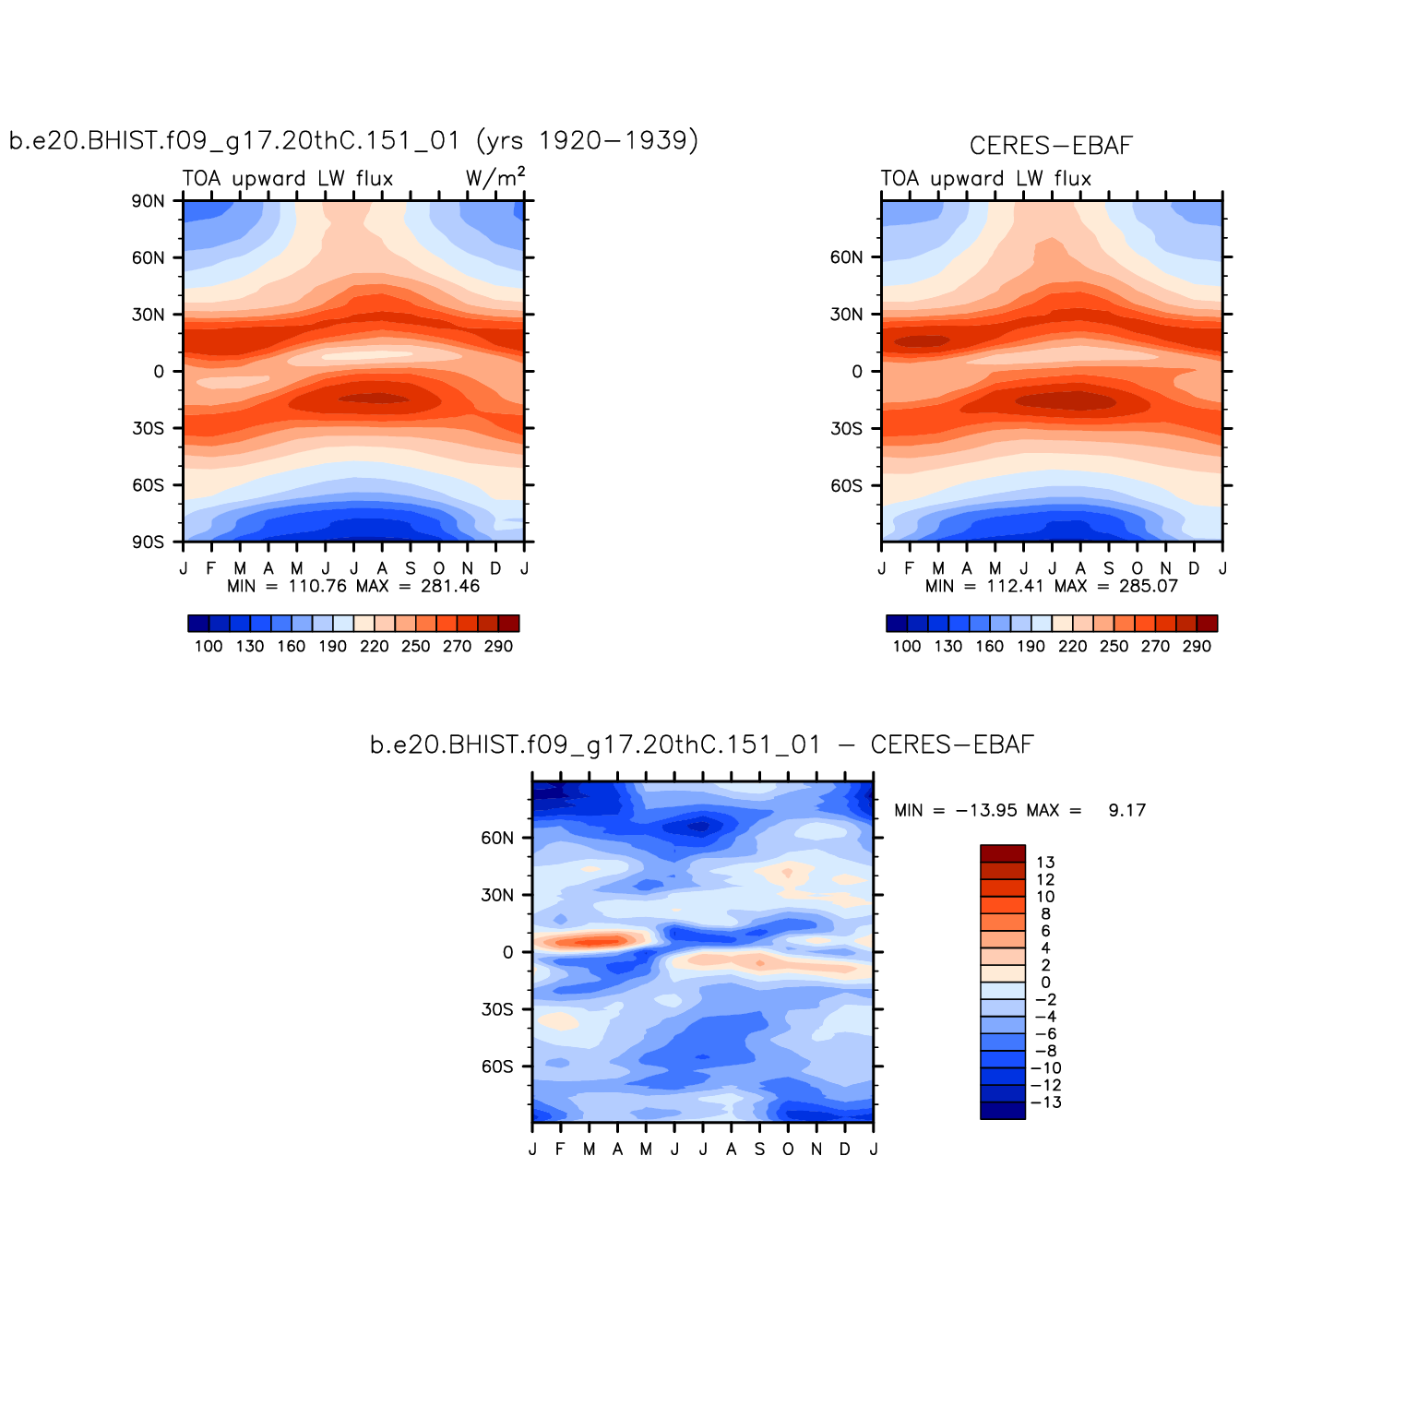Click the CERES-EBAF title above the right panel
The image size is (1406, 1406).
[1051, 146]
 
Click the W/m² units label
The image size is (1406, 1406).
[495, 177]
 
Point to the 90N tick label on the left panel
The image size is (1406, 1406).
[148, 201]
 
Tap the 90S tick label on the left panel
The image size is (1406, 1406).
[148, 542]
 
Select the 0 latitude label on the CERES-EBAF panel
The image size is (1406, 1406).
[857, 372]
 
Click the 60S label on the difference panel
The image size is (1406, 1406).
[497, 1067]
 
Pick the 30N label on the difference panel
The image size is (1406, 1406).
[497, 896]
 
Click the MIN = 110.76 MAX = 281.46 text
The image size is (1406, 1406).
[353, 587]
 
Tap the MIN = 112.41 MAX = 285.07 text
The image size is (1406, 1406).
[1052, 587]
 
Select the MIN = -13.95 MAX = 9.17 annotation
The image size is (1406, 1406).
[1019, 811]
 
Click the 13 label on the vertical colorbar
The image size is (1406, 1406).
[1045, 863]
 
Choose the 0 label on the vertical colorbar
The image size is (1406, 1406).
[1045, 983]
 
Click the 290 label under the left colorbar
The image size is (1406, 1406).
[498, 647]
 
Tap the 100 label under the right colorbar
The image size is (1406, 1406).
[907, 647]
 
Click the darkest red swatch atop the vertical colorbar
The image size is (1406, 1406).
[1003, 853]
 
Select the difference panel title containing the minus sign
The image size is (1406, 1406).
[701, 745]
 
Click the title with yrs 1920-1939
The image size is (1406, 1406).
[353, 140]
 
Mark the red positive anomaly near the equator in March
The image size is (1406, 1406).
[590, 942]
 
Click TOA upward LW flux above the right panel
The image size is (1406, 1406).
[985, 179]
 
